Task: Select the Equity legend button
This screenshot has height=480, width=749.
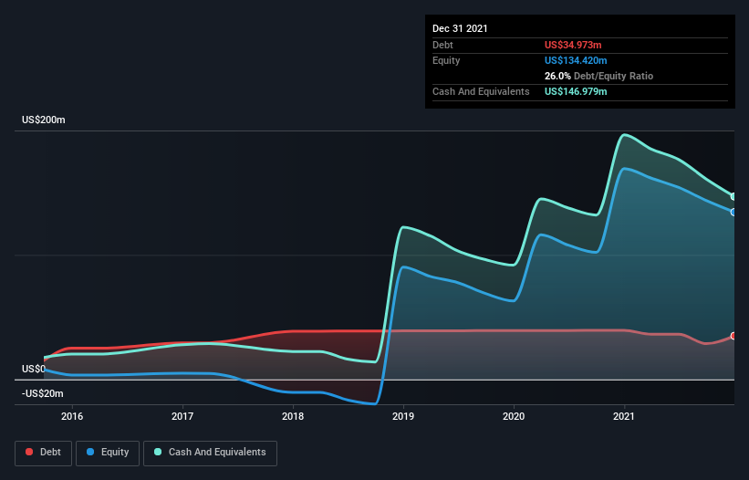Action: pos(108,452)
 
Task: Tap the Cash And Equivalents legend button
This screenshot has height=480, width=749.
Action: pos(210,452)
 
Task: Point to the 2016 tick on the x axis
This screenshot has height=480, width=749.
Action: pos(72,416)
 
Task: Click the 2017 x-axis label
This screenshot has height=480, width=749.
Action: pos(182,416)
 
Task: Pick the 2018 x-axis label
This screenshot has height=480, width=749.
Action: pos(293,416)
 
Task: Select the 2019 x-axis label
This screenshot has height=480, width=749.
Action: pos(403,416)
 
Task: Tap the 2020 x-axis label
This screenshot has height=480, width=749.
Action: pos(514,416)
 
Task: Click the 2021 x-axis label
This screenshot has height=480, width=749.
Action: pos(624,416)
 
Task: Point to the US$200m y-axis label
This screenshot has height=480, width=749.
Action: pos(45,120)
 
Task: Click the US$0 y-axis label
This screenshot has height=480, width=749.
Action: pos(33,369)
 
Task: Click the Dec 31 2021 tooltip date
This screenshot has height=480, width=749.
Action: pos(460,28)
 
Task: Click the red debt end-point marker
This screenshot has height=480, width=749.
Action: pos(733,336)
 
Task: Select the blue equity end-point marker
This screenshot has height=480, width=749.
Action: pos(733,212)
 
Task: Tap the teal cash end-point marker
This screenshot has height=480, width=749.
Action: pos(733,196)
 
